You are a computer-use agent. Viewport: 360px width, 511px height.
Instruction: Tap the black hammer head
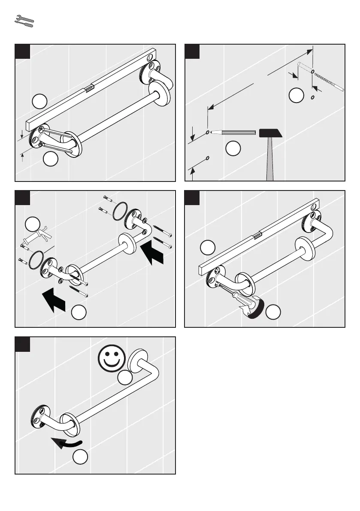pyautogui.click(x=270, y=133)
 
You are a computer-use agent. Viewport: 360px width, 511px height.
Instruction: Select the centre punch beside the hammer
pyautogui.click(x=234, y=133)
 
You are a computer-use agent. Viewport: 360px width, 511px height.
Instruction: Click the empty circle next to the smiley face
pyautogui.click(x=124, y=378)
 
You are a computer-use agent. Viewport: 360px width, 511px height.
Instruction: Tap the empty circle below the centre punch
pyautogui.click(x=233, y=149)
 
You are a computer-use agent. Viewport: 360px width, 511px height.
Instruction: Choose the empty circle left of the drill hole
pyautogui.click(x=296, y=96)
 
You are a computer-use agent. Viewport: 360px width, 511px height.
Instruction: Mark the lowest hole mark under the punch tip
pyautogui.click(x=208, y=158)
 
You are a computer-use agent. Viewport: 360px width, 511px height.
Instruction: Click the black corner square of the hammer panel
pyautogui.click(x=192, y=51)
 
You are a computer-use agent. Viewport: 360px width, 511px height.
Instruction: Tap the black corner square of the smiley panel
pyautogui.click(x=23, y=345)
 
